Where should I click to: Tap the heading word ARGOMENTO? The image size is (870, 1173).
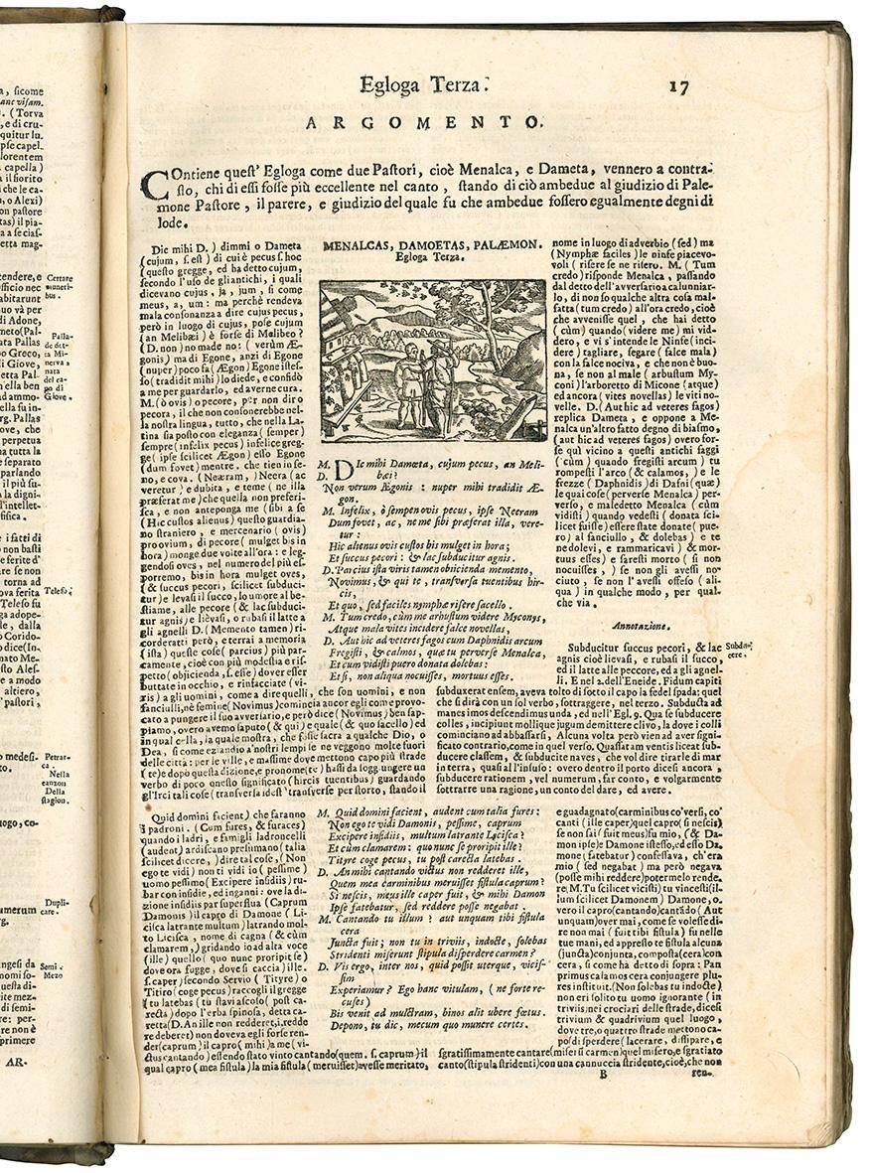coord(423,123)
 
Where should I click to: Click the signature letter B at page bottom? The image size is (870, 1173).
coord(599,1072)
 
